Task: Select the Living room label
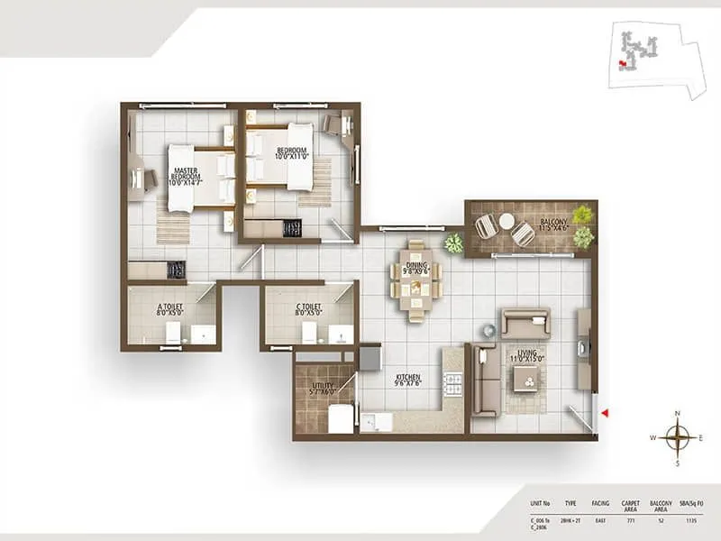coord(524,358)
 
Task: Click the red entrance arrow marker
coord(606,413)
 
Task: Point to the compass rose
coord(677,437)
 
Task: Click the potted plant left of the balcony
coord(453,243)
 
